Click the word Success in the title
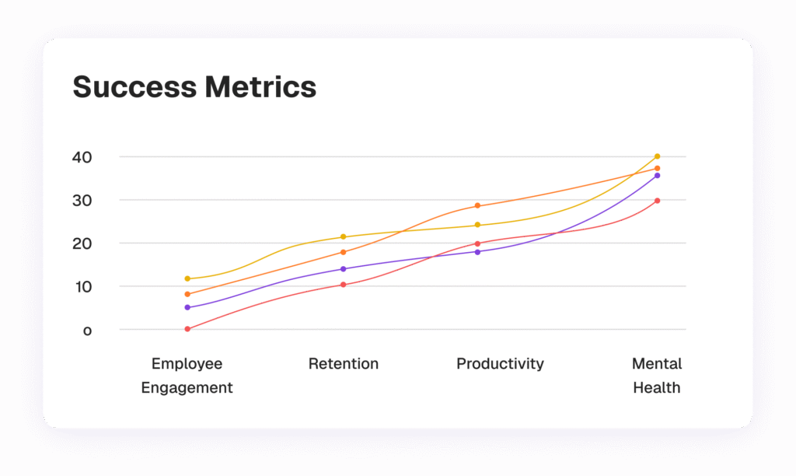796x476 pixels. click(x=134, y=87)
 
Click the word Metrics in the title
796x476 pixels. click(x=260, y=87)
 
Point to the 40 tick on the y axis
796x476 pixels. click(x=82, y=157)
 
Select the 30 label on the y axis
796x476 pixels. click(x=82, y=200)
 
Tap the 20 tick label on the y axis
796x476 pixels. click(x=82, y=243)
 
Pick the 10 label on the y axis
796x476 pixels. click(x=82, y=286)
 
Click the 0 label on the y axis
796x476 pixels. click(x=87, y=330)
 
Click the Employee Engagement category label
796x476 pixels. click(x=187, y=375)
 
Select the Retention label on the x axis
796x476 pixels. click(x=344, y=363)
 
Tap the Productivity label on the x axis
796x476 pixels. click(x=500, y=363)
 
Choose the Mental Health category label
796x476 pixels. click(x=657, y=375)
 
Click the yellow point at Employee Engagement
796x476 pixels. click(x=187, y=278)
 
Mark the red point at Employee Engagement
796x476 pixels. click(x=187, y=329)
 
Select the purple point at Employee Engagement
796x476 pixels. click(x=187, y=307)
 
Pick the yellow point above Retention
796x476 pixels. click(x=343, y=236)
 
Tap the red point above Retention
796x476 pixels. click(x=343, y=285)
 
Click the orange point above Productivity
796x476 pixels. click(x=477, y=205)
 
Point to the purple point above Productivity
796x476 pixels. click(x=477, y=251)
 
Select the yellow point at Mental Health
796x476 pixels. click(x=657, y=156)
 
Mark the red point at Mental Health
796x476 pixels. click(x=657, y=201)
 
